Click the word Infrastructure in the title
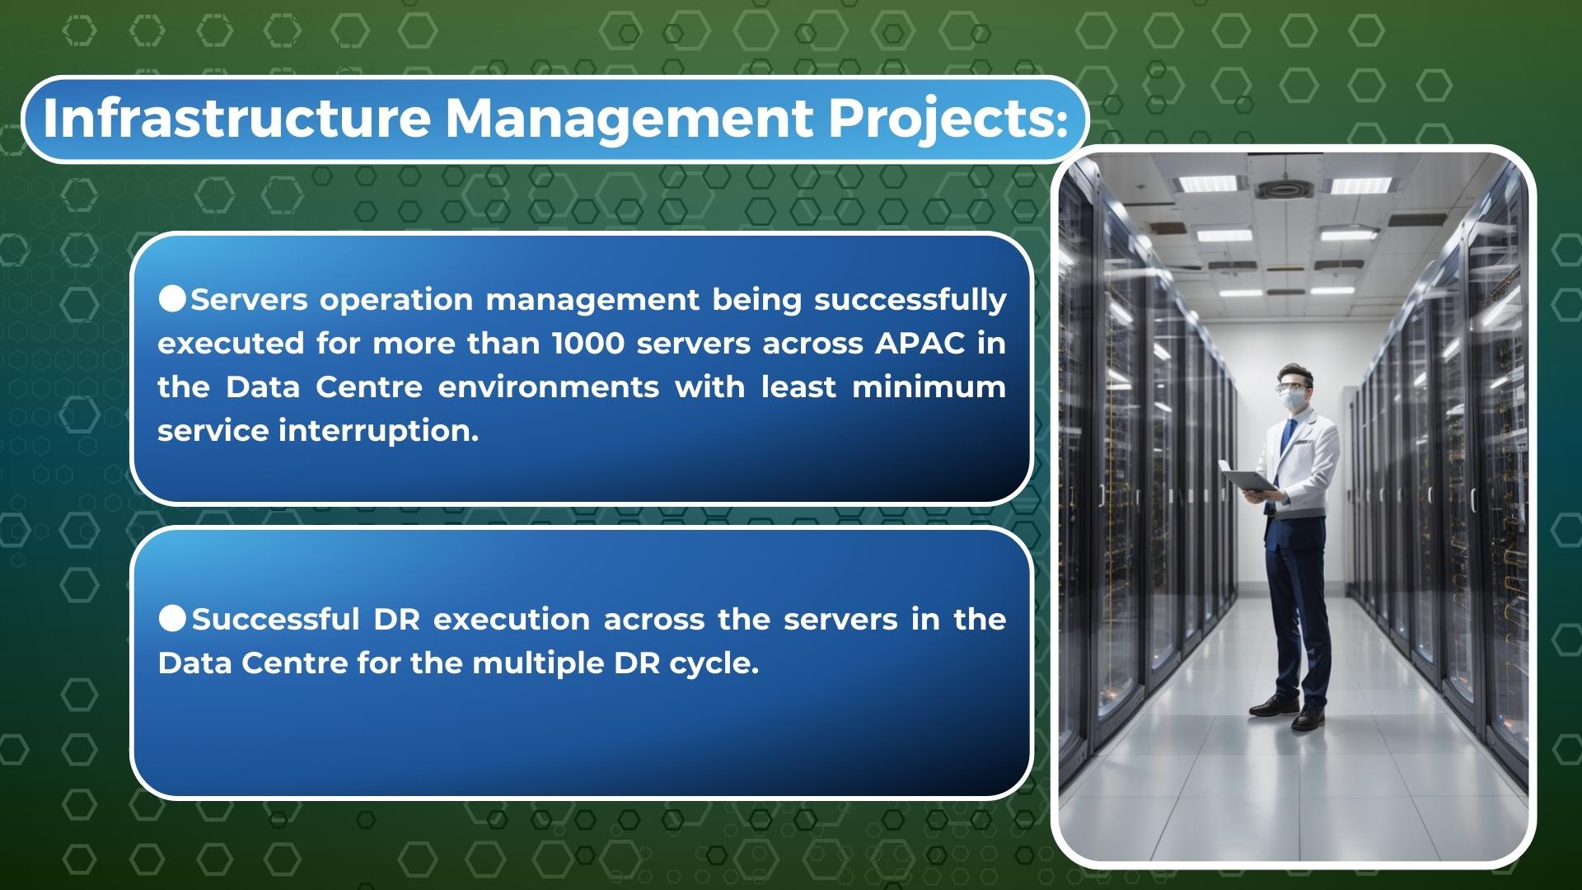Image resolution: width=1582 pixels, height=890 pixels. (x=236, y=118)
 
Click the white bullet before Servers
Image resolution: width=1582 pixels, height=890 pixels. (x=172, y=298)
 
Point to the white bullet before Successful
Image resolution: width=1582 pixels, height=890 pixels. (x=172, y=618)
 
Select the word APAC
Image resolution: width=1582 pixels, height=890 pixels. (x=920, y=343)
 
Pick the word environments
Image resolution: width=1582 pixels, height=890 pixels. (x=549, y=386)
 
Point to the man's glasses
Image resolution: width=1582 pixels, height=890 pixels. (x=1290, y=386)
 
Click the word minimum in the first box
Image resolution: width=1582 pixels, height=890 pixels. (x=929, y=386)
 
